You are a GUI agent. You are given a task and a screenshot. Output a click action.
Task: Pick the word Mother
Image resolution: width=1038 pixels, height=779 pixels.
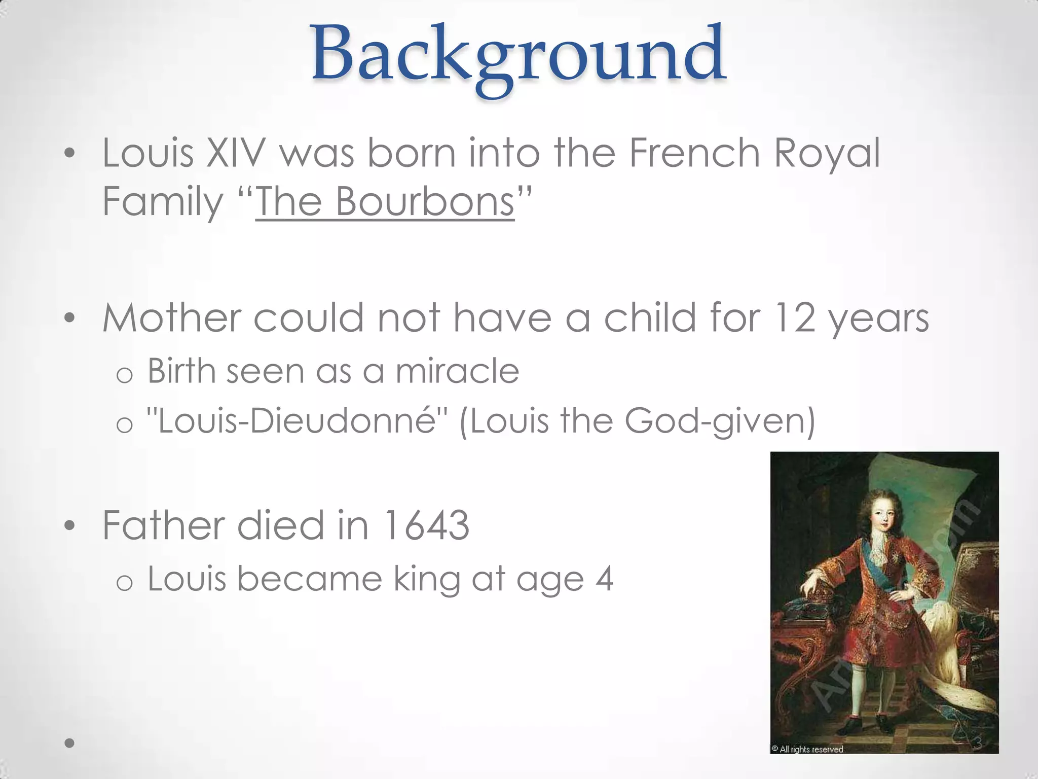[171, 318]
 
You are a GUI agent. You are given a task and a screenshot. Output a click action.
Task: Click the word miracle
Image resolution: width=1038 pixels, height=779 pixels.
[457, 371]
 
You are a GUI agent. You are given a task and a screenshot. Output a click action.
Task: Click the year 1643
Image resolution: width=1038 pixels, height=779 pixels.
[426, 525]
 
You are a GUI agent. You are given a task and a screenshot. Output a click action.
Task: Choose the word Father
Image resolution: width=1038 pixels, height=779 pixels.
[163, 525]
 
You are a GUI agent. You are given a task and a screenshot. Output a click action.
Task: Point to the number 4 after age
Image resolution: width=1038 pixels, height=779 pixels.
[604, 579]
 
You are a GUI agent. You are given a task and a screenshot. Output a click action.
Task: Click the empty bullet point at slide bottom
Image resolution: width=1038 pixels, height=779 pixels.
[70, 743]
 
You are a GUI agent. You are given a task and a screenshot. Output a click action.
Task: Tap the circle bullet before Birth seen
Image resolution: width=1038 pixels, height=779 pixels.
[124, 375]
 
